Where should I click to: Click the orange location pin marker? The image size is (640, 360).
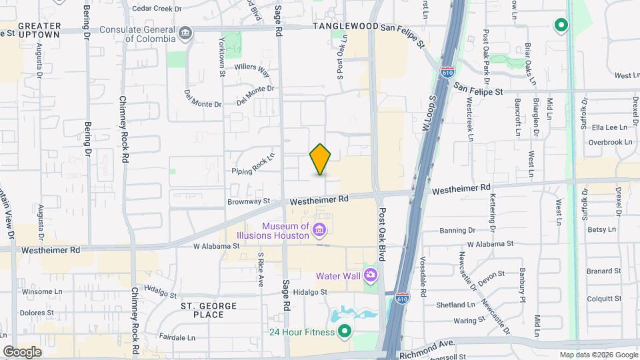[321, 159]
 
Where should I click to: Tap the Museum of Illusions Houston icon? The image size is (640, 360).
[319, 231]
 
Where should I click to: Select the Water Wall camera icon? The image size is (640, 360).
[371, 275]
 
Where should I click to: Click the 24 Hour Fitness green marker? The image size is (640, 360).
[344, 331]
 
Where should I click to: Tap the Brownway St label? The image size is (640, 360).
[248, 201]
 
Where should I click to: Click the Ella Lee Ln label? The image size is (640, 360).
[610, 127]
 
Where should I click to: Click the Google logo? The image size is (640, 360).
[22, 351]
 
